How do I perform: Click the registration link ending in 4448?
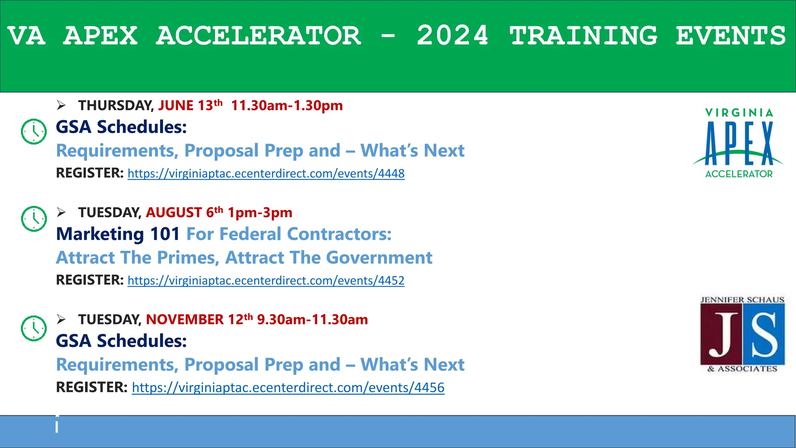(266, 173)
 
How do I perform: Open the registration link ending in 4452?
(266, 280)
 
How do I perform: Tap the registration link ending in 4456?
(288, 388)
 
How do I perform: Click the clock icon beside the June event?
(34, 131)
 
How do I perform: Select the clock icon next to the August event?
(34, 219)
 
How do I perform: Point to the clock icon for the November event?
(34, 329)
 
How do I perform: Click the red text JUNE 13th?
(190, 105)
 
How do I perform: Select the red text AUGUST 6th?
(184, 212)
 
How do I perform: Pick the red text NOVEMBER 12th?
(199, 319)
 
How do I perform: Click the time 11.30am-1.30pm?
(287, 105)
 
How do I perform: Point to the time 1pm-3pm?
(260, 212)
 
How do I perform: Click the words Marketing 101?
(118, 234)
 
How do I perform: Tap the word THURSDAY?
(115, 105)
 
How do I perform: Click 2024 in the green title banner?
(452, 36)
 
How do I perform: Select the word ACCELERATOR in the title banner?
(258, 36)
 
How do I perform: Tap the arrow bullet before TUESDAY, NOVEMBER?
(61, 319)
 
